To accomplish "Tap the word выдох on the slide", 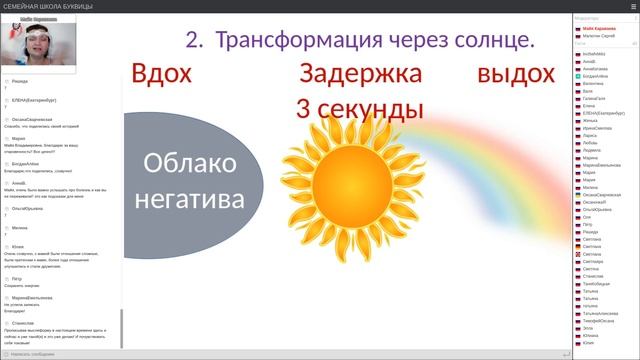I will (515, 75).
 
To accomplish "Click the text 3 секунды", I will (353, 107).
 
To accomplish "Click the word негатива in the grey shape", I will (190, 197).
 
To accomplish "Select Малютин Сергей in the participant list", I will (599, 36).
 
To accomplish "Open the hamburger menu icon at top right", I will (631, 6).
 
